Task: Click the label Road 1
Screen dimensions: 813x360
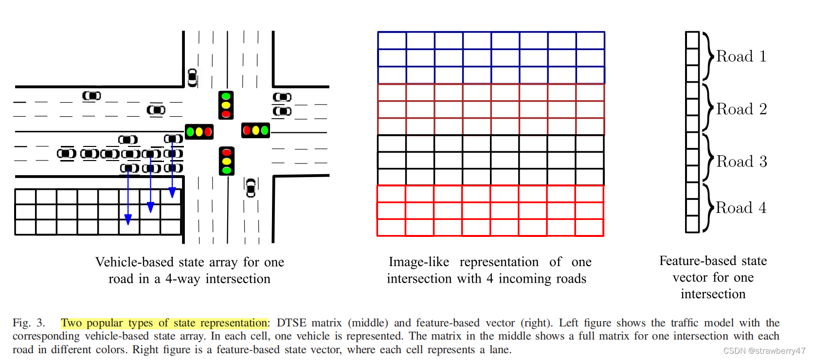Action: point(741,56)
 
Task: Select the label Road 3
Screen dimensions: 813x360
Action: point(741,162)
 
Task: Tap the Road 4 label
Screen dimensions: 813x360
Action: point(741,208)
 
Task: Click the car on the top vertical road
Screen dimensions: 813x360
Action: point(193,78)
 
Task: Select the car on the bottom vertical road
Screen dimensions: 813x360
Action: point(251,188)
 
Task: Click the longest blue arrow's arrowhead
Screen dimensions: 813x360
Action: point(128,219)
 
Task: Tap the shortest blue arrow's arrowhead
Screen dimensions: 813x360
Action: point(172,193)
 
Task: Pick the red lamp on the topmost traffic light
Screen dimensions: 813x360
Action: point(226,114)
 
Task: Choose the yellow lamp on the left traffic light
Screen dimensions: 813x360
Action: point(199,132)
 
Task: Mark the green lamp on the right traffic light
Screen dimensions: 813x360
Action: point(265,130)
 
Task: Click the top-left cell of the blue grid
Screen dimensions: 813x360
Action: point(392,41)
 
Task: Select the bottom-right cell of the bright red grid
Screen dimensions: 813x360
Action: point(589,228)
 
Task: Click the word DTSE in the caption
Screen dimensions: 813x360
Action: point(291,323)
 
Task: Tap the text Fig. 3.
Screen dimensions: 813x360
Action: point(29,323)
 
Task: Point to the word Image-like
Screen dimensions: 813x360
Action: point(418,262)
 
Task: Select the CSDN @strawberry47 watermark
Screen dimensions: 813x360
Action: point(764,351)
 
